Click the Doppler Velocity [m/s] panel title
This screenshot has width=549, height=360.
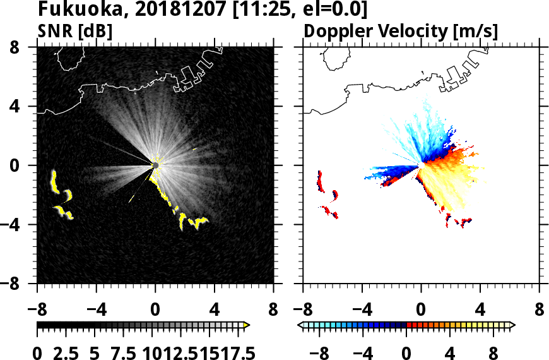(401, 30)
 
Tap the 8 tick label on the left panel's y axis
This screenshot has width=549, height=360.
(21, 47)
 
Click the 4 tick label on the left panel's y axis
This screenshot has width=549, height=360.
(21, 107)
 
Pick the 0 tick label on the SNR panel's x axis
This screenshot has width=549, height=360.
(155, 310)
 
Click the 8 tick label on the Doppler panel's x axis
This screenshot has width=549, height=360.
(539, 310)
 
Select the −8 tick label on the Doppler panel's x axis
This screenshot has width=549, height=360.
(302, 310)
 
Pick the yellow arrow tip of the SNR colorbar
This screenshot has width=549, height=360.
(247, 325)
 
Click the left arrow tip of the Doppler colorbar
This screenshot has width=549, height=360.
(299, 325)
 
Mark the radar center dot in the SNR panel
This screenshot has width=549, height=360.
(155, 165)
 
